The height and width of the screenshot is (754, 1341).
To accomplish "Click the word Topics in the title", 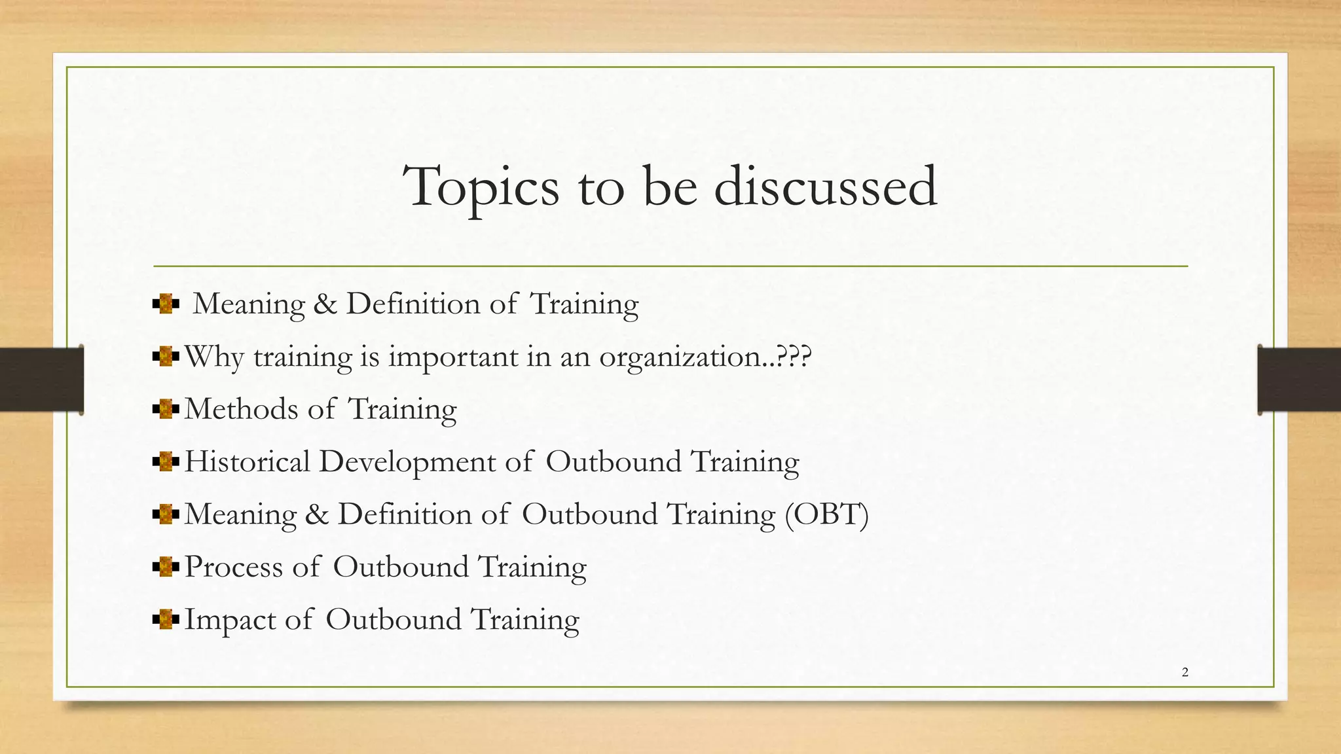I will tap(481, 187).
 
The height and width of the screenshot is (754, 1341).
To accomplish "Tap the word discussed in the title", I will tap(825, 187).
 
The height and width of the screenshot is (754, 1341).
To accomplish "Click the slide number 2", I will tap(1185, 672).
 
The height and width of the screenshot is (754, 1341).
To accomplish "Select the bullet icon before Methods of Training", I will tap(166, 410).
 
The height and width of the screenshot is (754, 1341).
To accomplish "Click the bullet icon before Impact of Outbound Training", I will tap(166, 620).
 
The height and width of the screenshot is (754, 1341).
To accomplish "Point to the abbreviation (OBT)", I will tap(826, 514).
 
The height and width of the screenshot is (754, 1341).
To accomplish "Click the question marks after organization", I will tap(794, 357).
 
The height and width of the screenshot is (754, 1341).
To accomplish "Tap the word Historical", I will tap(248, 462).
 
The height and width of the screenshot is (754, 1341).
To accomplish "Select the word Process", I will tap(233, 567).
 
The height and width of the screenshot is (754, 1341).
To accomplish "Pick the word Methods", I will tap(240, 410).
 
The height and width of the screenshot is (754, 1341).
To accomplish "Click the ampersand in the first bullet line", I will tap(325, 304).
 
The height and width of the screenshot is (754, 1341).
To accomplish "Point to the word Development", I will tap(407, 463).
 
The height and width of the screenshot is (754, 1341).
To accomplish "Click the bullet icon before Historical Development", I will tap(166, 462).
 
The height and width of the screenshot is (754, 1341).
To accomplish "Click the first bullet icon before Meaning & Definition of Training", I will tap(166, 304).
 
